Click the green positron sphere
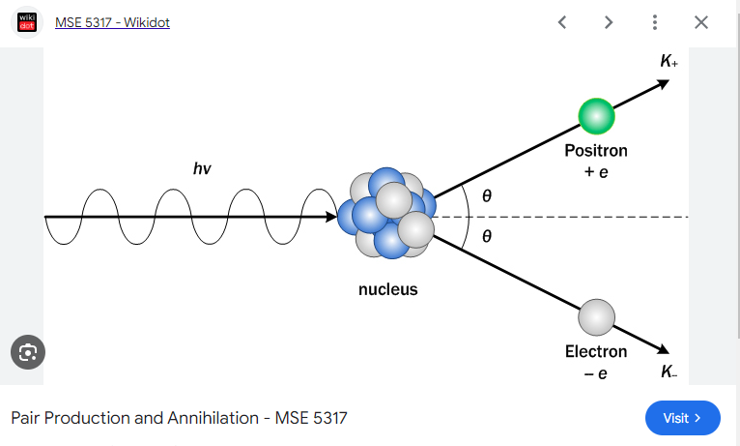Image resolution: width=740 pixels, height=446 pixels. pyautogui.click(x=596, y=116)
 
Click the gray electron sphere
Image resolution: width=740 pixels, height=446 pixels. pyautogui.click(x=596, y=316)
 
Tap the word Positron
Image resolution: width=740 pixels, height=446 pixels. pyautogui.click(x=595, y=151)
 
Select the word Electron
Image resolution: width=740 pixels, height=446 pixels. pyautogui.click(x=595, y=351)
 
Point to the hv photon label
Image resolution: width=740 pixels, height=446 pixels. pyautogui.click(x=202, y=169)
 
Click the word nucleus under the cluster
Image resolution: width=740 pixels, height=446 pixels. pyautogui.click(x=388, y=289)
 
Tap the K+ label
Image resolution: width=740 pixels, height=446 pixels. pyautogui.click(x=669, y=62)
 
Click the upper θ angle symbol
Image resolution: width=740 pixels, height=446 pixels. pyautogui.click(x=487, y=196)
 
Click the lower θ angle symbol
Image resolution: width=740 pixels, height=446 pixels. pyautogui.click(x=487, y=237)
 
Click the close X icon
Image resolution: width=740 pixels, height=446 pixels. pyautogui.click(x=701, y=22)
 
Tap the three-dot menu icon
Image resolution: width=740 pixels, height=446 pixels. pyautogui.click(x=655, y=22)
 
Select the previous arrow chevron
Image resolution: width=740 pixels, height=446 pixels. pyautogui.click(x=562, y=22)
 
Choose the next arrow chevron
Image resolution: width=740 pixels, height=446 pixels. pyautogui.click(x=609, y=22)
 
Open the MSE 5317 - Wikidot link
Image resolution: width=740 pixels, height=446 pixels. pyautogui.click(x=112, y=22)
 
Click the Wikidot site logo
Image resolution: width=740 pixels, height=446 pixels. pyautogui.click(x=27, y=21)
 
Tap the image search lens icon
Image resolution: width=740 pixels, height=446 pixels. pyautogui.click(x=28, y=351)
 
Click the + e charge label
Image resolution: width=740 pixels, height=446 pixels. pyautogui.click(x=595, y=172)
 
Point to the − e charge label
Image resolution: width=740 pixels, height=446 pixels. pyautogui.click(x=595, y=372)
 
